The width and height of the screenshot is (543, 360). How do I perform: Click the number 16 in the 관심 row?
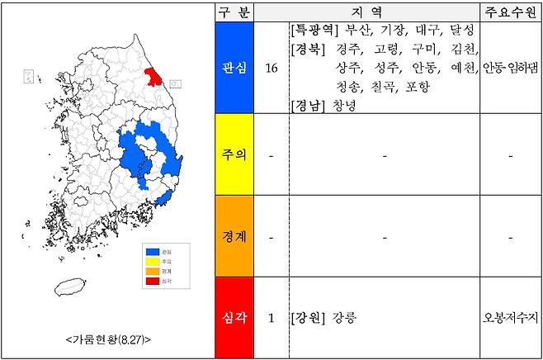[271, 68]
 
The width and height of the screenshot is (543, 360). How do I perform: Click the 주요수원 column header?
[510, 12]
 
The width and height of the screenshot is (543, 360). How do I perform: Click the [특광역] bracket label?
[314, 30]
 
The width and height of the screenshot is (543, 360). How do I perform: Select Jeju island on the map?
[71, 286]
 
